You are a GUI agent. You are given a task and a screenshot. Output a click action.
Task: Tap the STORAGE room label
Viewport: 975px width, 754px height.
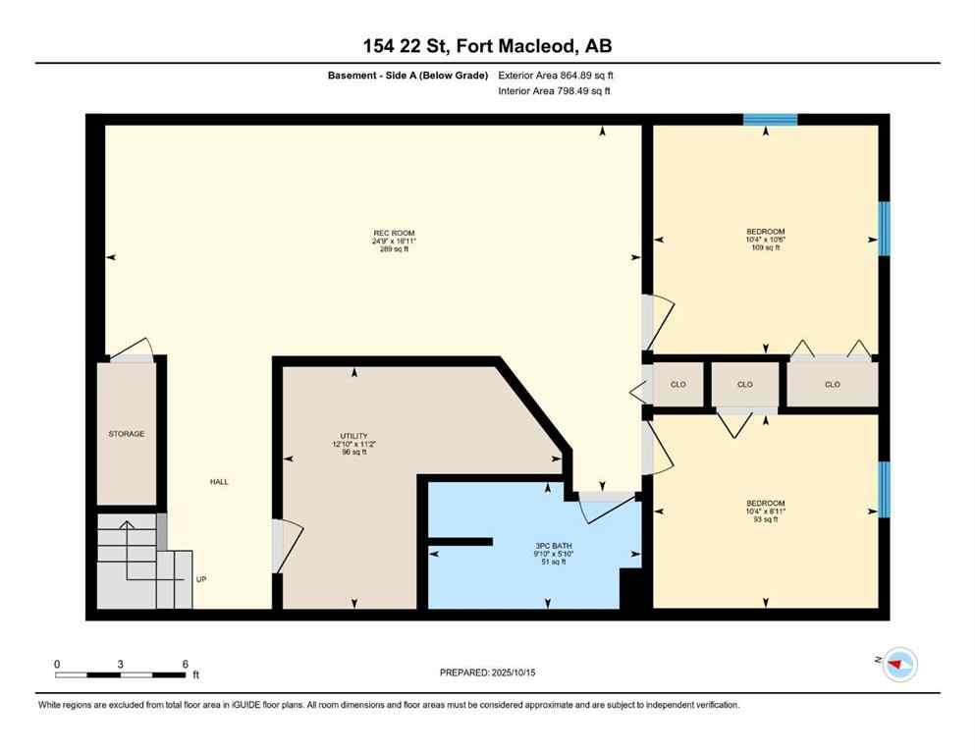click(x=126, y=434)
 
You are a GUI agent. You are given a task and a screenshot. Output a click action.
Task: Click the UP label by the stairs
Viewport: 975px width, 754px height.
click(x=201, y=579)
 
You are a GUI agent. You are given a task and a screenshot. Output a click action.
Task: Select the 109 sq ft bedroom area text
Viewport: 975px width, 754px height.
click(x=765, y=248)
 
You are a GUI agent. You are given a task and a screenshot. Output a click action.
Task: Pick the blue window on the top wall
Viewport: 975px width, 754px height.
click(x=770, y=120)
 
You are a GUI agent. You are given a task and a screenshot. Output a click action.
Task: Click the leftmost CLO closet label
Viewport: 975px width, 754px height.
click(x=677, y=385)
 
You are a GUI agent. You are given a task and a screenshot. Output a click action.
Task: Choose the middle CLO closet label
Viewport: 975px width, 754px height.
click(x=744, y=385)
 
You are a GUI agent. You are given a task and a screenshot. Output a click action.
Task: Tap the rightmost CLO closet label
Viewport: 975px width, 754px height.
click(x=832, y=385)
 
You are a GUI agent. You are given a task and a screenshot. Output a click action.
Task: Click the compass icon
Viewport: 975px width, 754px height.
click(x=898, y=666)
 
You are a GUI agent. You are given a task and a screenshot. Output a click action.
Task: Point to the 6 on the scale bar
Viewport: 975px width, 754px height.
click(x=185, y=664)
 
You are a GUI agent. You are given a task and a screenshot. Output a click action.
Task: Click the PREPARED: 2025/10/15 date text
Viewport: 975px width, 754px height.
click(x=487, y=673)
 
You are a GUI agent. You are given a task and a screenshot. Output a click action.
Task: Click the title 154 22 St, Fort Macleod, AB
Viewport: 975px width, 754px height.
click(x=487, y=46)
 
